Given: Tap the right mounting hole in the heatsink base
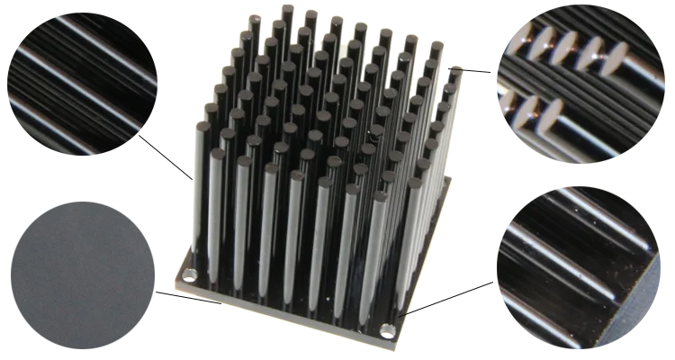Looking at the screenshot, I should [386, 331].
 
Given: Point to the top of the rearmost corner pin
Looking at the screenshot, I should [287, 9].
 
